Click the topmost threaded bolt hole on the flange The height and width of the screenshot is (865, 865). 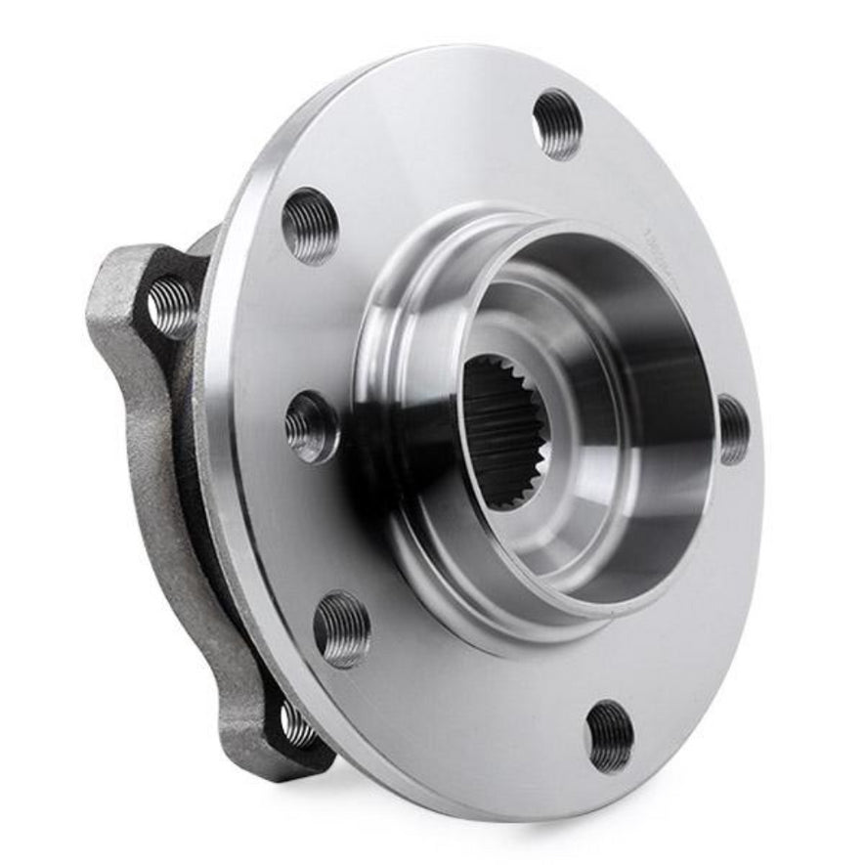(x=557, y=123)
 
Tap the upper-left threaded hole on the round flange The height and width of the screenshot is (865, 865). (x=310, y=225)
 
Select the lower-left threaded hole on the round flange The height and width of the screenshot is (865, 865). (x=342, y=629)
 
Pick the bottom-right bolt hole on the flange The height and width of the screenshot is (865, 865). (x=610, y=735)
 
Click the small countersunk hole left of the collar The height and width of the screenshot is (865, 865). (x=312, y=427)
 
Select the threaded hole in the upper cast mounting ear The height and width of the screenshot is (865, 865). (x=172, y=306)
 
